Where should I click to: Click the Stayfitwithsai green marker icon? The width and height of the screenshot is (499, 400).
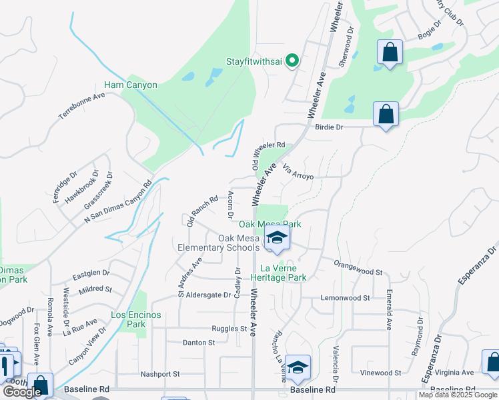coord(292,61)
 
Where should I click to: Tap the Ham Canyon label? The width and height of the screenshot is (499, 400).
coord(131,85)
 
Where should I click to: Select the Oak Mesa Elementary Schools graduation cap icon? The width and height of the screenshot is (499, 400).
coord(276,238)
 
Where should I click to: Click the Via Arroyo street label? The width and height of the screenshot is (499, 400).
coord(298,171)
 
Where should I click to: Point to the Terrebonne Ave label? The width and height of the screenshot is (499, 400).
coord(82,105)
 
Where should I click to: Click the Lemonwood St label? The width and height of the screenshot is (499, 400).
coord(345,298)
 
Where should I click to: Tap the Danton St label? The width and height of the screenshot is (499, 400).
coord(199,343)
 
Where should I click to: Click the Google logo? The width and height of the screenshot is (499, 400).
coord(22,392)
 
